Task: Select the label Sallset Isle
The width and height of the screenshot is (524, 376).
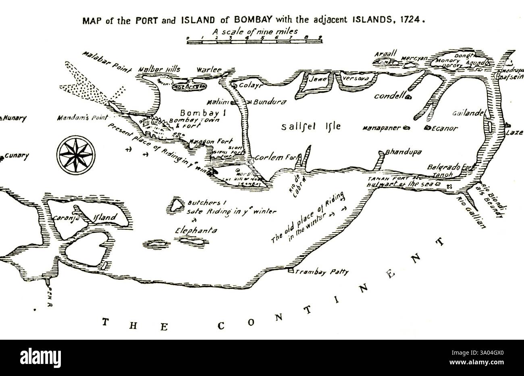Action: pos(311,126)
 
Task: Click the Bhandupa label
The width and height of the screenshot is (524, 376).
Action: pos(403,152)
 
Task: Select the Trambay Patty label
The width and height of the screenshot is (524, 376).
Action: pos(321,272)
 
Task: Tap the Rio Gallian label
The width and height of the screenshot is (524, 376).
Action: pos(470,212)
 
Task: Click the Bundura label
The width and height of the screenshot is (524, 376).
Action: pos(270,102)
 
